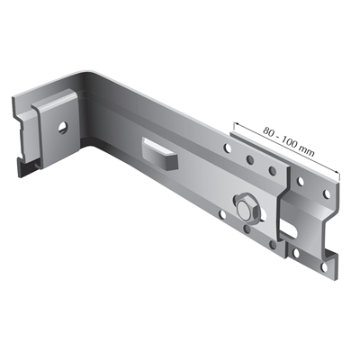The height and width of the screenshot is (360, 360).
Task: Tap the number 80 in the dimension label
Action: pos(269,132)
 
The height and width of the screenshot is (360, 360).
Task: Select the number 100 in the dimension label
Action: pos(291,144)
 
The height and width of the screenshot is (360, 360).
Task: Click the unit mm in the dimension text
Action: pos(308,152)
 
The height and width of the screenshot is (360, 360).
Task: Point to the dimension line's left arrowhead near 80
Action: pos(237,124)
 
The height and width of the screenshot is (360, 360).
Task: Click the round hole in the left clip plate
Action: pos(63,127)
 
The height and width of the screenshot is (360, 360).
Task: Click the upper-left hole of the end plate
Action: pos(300,181)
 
